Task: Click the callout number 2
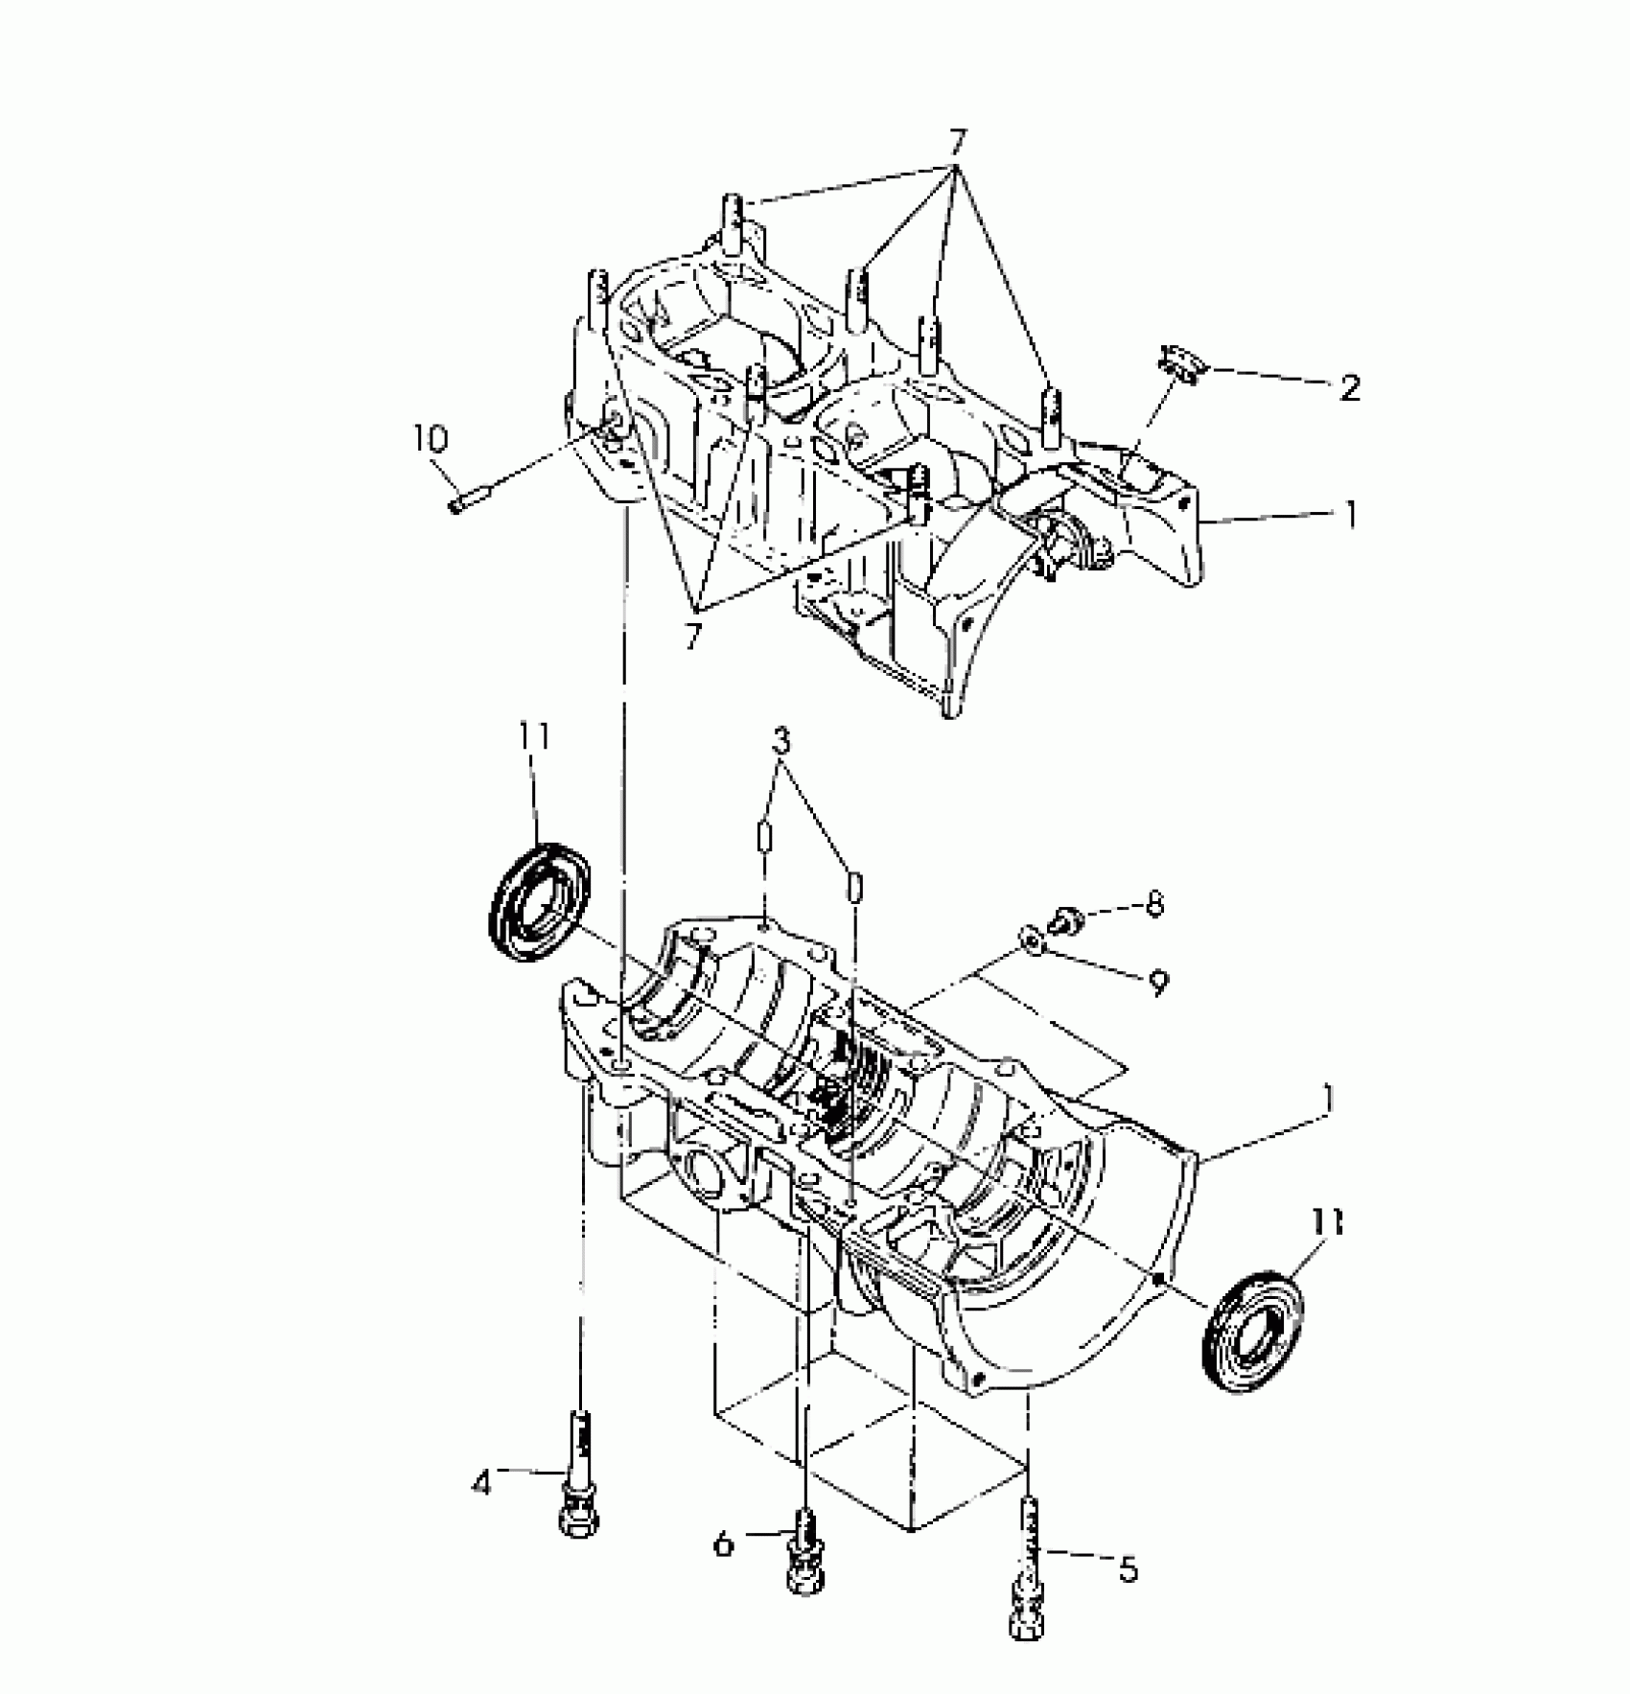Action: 1349,388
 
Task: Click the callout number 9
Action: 1159,982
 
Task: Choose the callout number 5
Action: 1129,1569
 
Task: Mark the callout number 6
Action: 724,1543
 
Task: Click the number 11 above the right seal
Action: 1328,1222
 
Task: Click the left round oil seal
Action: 540,900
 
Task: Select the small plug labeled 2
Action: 1180,364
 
